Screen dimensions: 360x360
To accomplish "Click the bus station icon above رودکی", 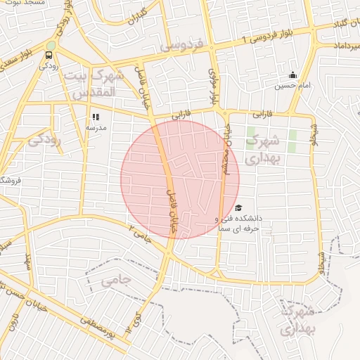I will click(49, 55).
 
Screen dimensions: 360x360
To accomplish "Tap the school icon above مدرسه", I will click(96, 117).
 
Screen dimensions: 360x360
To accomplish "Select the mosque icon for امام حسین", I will click(292, 76).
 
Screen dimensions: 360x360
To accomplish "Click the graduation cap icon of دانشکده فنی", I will click(238, 208).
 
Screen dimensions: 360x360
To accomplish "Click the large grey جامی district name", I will click(116, 281).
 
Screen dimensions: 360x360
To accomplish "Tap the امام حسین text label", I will click(291, 86).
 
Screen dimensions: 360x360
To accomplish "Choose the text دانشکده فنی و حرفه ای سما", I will click(238, 223).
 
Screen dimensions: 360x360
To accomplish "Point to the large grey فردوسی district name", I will click(181, 46).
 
